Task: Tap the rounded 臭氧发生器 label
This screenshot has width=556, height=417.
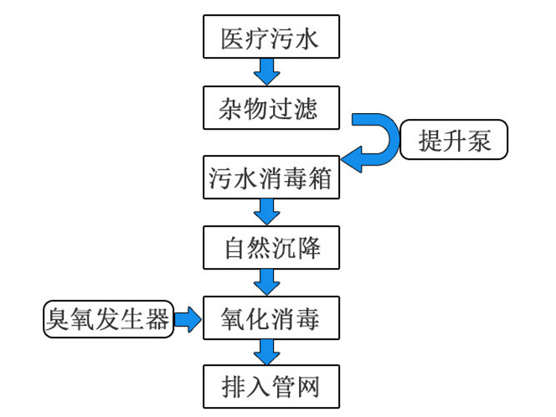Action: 108,319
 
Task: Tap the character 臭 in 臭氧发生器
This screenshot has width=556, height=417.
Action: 59,319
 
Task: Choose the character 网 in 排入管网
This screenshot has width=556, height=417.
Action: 307,388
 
